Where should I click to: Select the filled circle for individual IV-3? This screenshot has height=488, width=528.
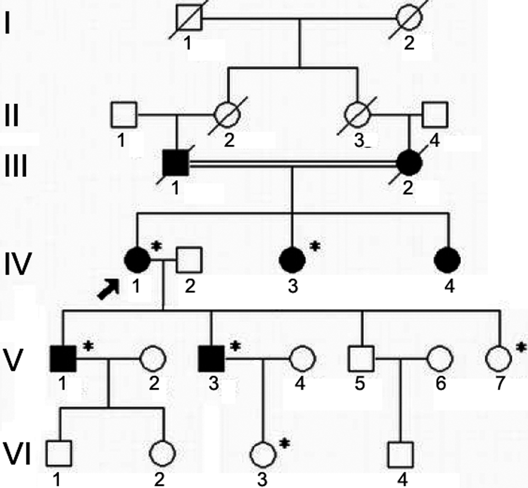[x=293, y=259]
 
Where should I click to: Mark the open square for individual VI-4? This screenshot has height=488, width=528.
[x=401, y=453]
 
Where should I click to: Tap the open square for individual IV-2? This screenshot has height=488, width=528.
[x=190, y=259]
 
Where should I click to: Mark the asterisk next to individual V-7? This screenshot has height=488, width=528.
[x=521, y=346]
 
